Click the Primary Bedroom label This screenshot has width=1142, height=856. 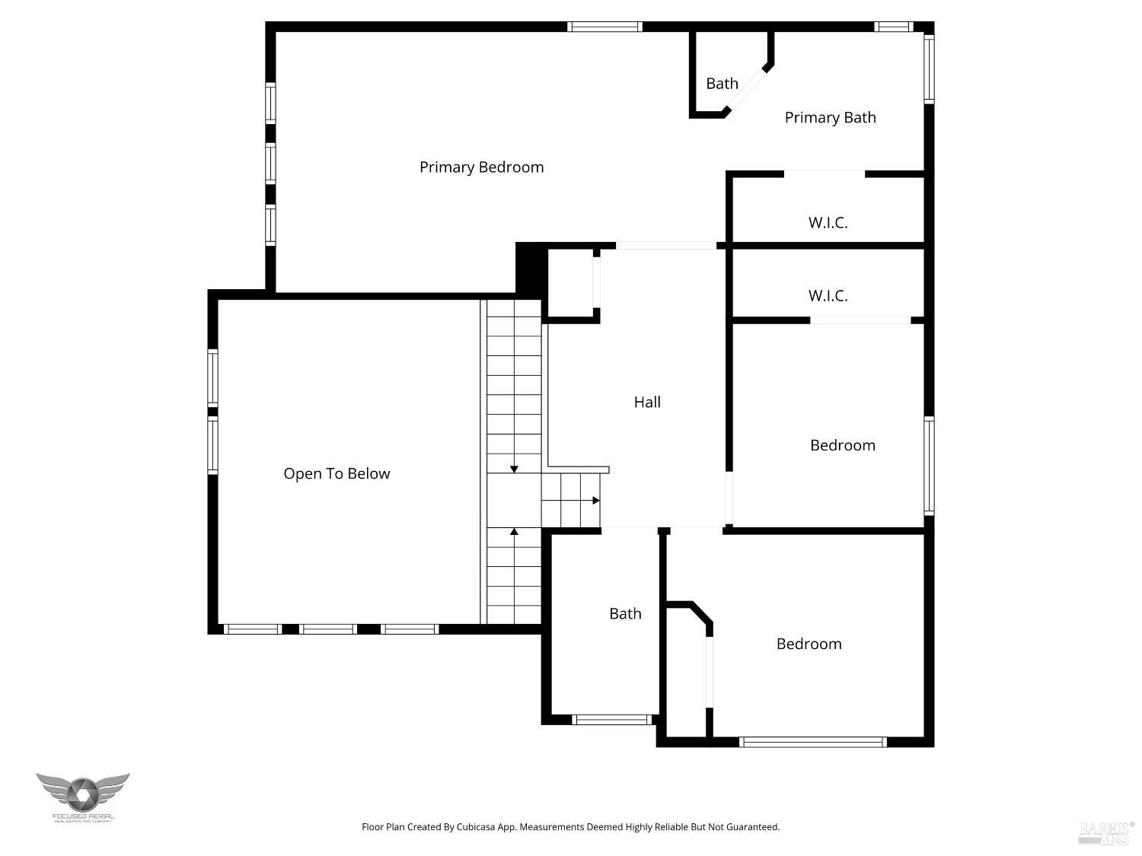(481, 167)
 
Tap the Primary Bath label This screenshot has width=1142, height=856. (830, 118)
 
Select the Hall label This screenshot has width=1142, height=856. (647, 403)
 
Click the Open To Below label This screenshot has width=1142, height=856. (337, 474)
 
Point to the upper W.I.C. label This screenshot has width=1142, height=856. (828, 223)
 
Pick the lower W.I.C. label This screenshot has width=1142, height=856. (828, 296)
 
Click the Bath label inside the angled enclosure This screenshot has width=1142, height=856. (722, 84)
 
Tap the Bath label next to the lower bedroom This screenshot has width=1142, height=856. (625, 614)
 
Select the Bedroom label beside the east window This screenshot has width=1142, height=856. (842, 446)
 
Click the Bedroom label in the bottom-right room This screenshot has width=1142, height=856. (809, 644)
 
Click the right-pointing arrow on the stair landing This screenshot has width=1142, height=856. (595, 501)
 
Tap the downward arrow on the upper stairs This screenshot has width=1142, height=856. (515, 468)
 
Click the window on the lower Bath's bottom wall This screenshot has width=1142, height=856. (611, 719)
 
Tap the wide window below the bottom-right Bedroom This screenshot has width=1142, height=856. (812, 742)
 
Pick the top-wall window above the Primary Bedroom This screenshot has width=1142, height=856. (605, 27)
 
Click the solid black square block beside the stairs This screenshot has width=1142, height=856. (531, 267)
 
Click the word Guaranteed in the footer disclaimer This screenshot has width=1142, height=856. (753, 827)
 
